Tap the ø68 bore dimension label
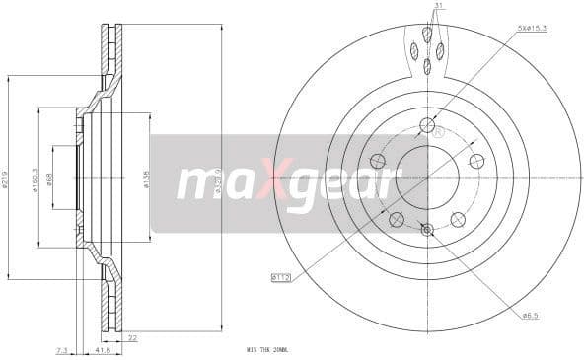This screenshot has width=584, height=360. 49,180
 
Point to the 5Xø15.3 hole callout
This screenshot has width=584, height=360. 532,28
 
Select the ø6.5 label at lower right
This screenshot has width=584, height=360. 530,315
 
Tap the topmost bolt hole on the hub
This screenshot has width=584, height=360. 426,125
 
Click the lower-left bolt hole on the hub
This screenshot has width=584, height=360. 396,219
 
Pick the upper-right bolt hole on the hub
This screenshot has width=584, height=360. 476,162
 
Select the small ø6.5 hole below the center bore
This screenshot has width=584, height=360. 426,231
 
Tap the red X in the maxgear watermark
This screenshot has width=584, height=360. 267,182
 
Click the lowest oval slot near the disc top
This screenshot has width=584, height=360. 427,66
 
